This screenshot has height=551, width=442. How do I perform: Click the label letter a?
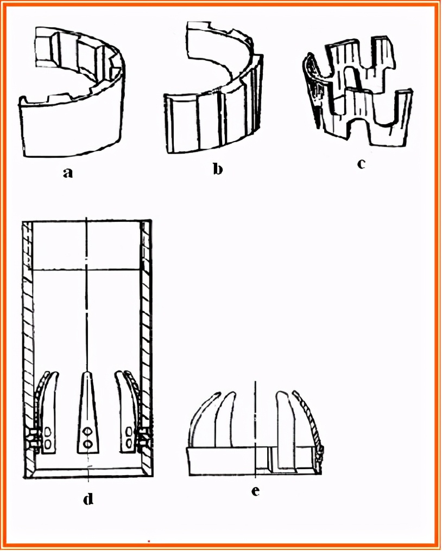click(x=68, y=172)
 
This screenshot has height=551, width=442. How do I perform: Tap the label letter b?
click(x=218, y=169)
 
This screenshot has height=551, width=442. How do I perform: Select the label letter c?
click(x=361, y=164)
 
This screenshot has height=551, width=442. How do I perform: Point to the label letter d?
click(x=89, y=498)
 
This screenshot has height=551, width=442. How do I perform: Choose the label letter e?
click(x=256, y=491)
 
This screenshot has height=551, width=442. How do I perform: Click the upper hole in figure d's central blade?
click(x=87, y=431)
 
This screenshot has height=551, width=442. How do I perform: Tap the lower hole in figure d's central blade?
click(x=87, y=444)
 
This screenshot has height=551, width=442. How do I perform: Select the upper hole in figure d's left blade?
click(x=48, y=431)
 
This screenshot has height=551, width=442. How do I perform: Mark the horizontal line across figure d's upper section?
click(x=86, y=270)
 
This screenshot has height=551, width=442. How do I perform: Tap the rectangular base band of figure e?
click(x=255, y=461)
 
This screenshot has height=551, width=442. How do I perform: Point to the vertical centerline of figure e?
click(x=255, y=429)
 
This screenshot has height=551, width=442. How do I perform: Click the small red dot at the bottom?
click(x=149, y=542)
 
